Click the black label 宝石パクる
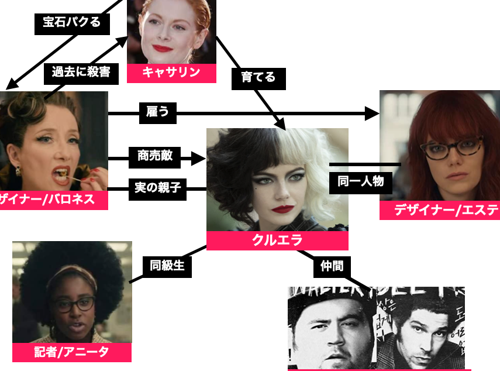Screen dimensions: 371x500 [71, 22]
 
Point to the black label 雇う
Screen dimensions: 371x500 [157, 112]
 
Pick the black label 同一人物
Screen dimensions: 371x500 [361, 181]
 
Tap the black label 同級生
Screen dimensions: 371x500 [167, 266]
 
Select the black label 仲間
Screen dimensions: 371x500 [332, 266]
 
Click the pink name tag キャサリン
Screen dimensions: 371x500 [171, 73]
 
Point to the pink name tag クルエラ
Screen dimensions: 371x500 [277, 241]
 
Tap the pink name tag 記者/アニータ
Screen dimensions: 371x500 [72, 352]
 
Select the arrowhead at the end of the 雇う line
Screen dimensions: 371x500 [373, 113]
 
